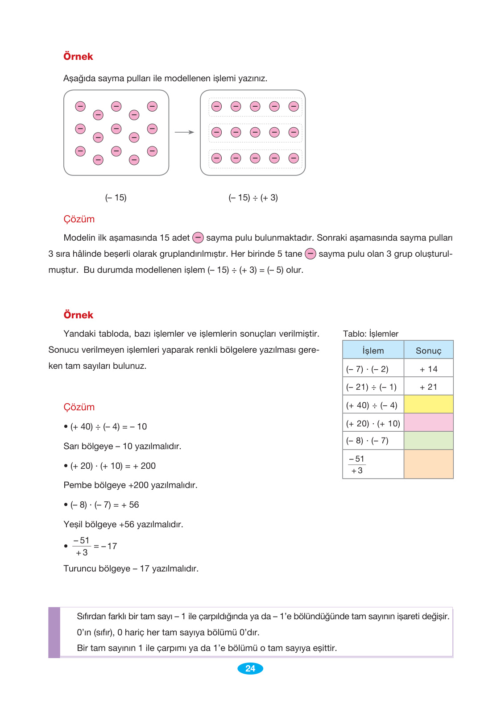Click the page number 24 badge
click(x=250, y=668)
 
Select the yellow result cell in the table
click(x=428, y=405)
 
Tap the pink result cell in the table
click(x=428, y=422)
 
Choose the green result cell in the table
click(x=428, y=441)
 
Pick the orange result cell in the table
click(x=428, y=464)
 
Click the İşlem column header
click(x=373, y=350)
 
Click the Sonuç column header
click(x=428, y=350)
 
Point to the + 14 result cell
click(x=428, y=369)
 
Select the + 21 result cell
click(x=428, y=387)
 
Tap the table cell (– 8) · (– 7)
click(x=367, y=441)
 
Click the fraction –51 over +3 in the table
click(x=356, y=464)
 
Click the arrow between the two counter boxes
click(x=184, y=132)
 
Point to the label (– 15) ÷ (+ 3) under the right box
click(x=253, y=197)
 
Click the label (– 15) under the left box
click(x=116, y=197)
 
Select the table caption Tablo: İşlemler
click(x=370, y=334)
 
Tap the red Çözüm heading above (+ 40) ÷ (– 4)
click(x=79, y=407)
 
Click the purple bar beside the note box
click(x=54, y=632)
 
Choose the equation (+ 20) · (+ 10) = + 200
click(x=113, y=466)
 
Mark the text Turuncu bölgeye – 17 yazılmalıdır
click(x=131, y=568)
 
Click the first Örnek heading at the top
click(x=78, y=57)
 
